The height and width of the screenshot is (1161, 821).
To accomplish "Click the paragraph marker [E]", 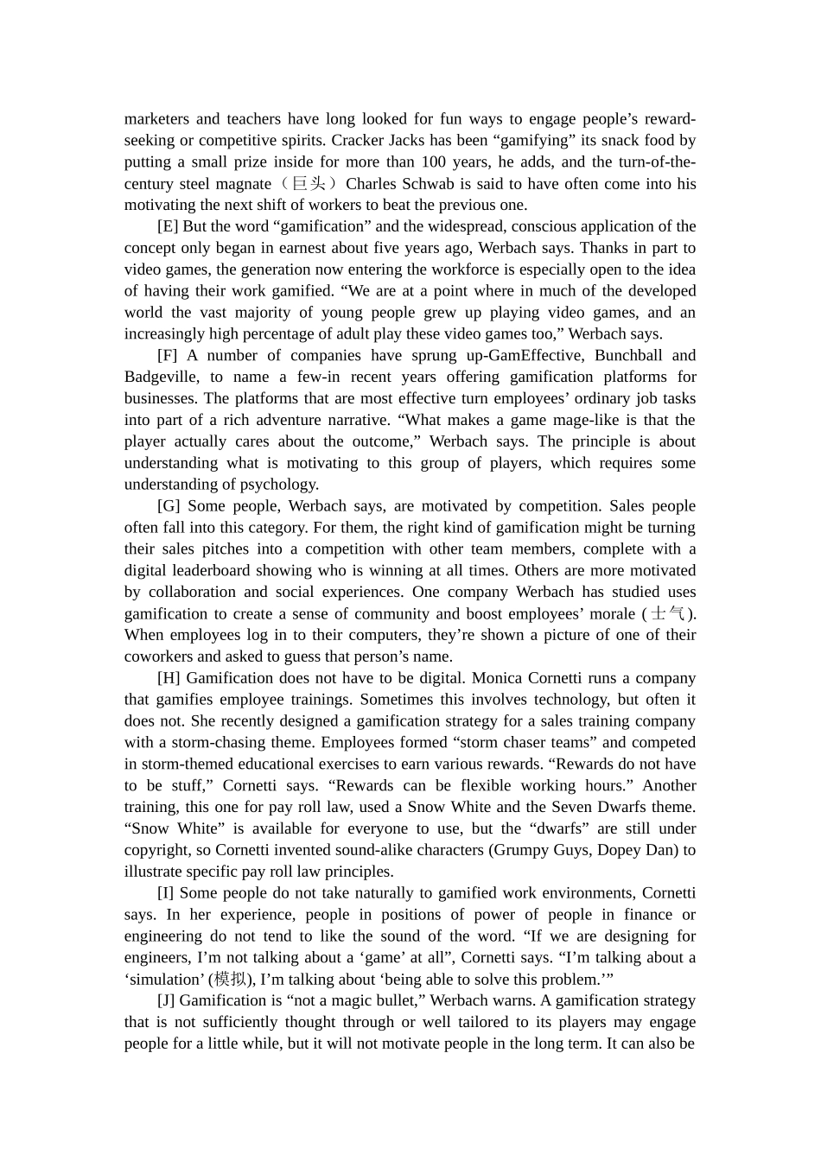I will click(168, 226).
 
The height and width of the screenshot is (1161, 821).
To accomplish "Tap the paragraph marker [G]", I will click(169, 506).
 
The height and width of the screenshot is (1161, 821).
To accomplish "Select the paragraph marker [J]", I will click(167, 1001).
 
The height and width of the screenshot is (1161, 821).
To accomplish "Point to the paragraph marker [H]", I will click(169, 678).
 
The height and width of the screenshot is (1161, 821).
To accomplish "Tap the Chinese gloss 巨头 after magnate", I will click(309, 184).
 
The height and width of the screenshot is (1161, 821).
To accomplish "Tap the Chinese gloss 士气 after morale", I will click(668, 614).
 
